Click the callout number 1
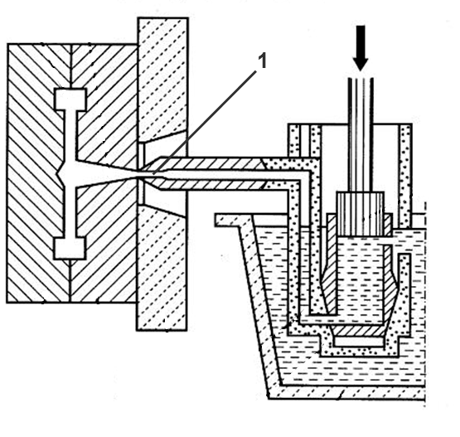click(x=263, y=61)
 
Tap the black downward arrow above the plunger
click(x=361, y=48)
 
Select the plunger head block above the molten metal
click(x=361, y=214)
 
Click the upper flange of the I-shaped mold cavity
click(x=70, y=100)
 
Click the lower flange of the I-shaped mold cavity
click(x=70, y=248)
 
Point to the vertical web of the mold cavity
click(x=70, y=174)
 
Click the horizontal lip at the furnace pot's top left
click(x=233, y=220)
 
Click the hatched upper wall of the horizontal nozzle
click(x=211, y=163)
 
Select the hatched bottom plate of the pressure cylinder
click(x=359, y=331)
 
